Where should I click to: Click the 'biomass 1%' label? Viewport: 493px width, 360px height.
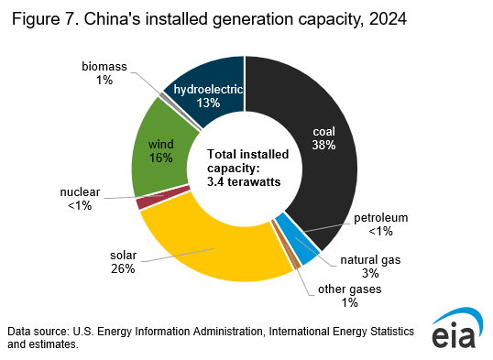point(103,73)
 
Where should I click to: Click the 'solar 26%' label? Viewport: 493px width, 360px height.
point(122,261)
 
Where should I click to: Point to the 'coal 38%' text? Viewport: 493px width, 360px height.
point(323,137)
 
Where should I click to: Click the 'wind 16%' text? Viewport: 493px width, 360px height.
point(160,150)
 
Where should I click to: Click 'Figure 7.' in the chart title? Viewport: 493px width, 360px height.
point(46,17)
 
